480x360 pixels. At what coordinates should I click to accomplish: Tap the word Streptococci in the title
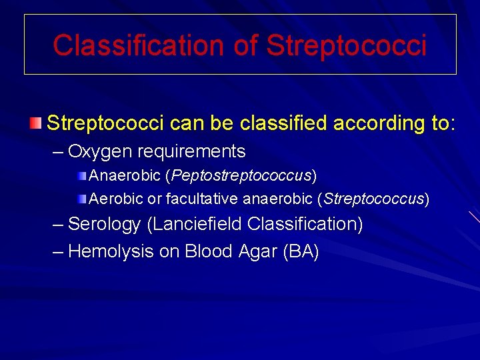[347, 45]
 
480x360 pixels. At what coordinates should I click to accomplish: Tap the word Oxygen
[100, 152]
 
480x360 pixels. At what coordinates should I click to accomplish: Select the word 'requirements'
[191, 152]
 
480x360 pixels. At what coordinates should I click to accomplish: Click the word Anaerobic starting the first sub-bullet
[125, 176]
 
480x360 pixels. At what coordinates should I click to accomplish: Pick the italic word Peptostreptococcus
[242, 176]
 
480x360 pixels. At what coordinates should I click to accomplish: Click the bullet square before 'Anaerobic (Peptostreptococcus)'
[81, 176]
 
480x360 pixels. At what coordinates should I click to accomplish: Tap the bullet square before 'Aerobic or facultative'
[81, 198]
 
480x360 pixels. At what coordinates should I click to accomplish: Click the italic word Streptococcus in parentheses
[374, 199]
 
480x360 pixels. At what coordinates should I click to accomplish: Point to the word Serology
[105, 224]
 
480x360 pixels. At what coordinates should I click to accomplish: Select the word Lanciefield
[197, 224]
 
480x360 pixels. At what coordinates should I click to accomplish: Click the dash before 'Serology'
[59, 224]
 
